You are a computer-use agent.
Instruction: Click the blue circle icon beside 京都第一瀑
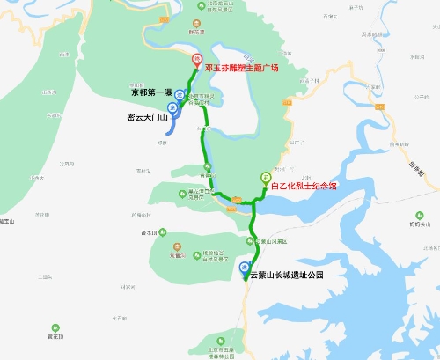[180, 95]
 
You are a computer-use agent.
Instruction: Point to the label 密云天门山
[145, 115]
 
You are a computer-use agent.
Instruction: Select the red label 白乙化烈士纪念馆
[304, 187]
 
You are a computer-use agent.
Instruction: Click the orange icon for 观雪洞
[177, 247]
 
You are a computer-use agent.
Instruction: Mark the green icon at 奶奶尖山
[413, 217]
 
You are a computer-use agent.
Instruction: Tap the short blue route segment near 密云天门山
[171, 123]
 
